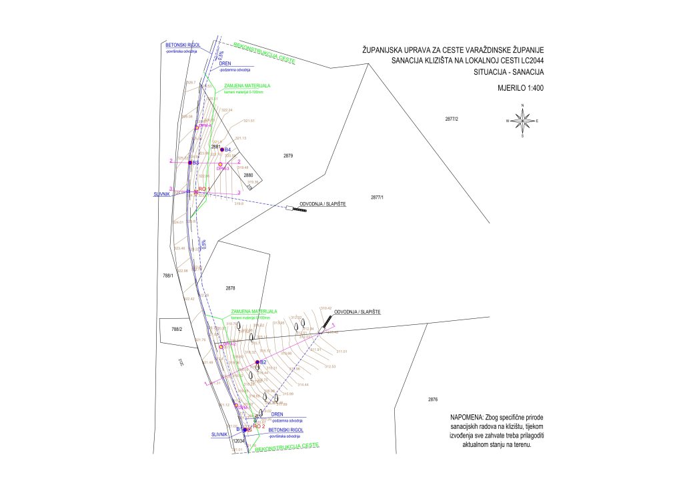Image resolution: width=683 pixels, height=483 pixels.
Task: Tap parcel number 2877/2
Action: (x=453, y=118)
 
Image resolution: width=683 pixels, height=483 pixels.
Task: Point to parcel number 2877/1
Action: (x=378, y=198)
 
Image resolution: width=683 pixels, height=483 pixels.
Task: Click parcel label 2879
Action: (x=288, y=155)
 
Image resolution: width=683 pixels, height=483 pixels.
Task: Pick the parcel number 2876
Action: (x=432, y=399)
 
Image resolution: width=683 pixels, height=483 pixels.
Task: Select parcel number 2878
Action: (x=231, y=288)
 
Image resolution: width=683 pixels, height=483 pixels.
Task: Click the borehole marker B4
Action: (x=222, y=149)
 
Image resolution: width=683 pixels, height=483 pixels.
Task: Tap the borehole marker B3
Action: (x=190, y=162)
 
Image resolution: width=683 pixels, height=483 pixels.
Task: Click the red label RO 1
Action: (x=204, y=189)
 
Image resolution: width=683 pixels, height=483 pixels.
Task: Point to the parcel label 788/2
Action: (x=177, y=329)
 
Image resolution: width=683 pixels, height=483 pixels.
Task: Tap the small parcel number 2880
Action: (x=248, y=175)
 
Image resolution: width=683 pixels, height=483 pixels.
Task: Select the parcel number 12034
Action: (x=239, y=441)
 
